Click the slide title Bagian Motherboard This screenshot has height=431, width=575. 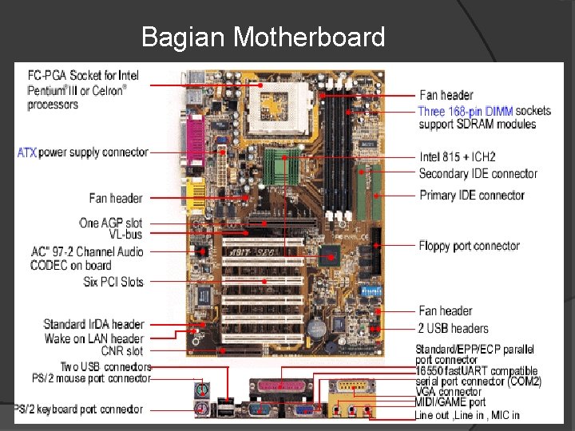263,37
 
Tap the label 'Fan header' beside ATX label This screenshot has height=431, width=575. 116,198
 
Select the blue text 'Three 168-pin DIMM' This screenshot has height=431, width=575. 466,111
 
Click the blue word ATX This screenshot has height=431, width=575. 27,152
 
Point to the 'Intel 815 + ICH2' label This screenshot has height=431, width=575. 458,157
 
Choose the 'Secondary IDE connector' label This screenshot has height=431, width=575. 478,174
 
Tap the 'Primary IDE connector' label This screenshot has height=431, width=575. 471,196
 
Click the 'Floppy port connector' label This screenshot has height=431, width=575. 469,246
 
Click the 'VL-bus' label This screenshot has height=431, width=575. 125,235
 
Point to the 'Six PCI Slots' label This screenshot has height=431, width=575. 113,282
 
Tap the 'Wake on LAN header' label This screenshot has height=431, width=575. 94,339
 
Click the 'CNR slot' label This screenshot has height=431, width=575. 123,351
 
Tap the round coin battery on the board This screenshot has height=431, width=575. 319,328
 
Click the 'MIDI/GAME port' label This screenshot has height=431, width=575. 450,403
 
